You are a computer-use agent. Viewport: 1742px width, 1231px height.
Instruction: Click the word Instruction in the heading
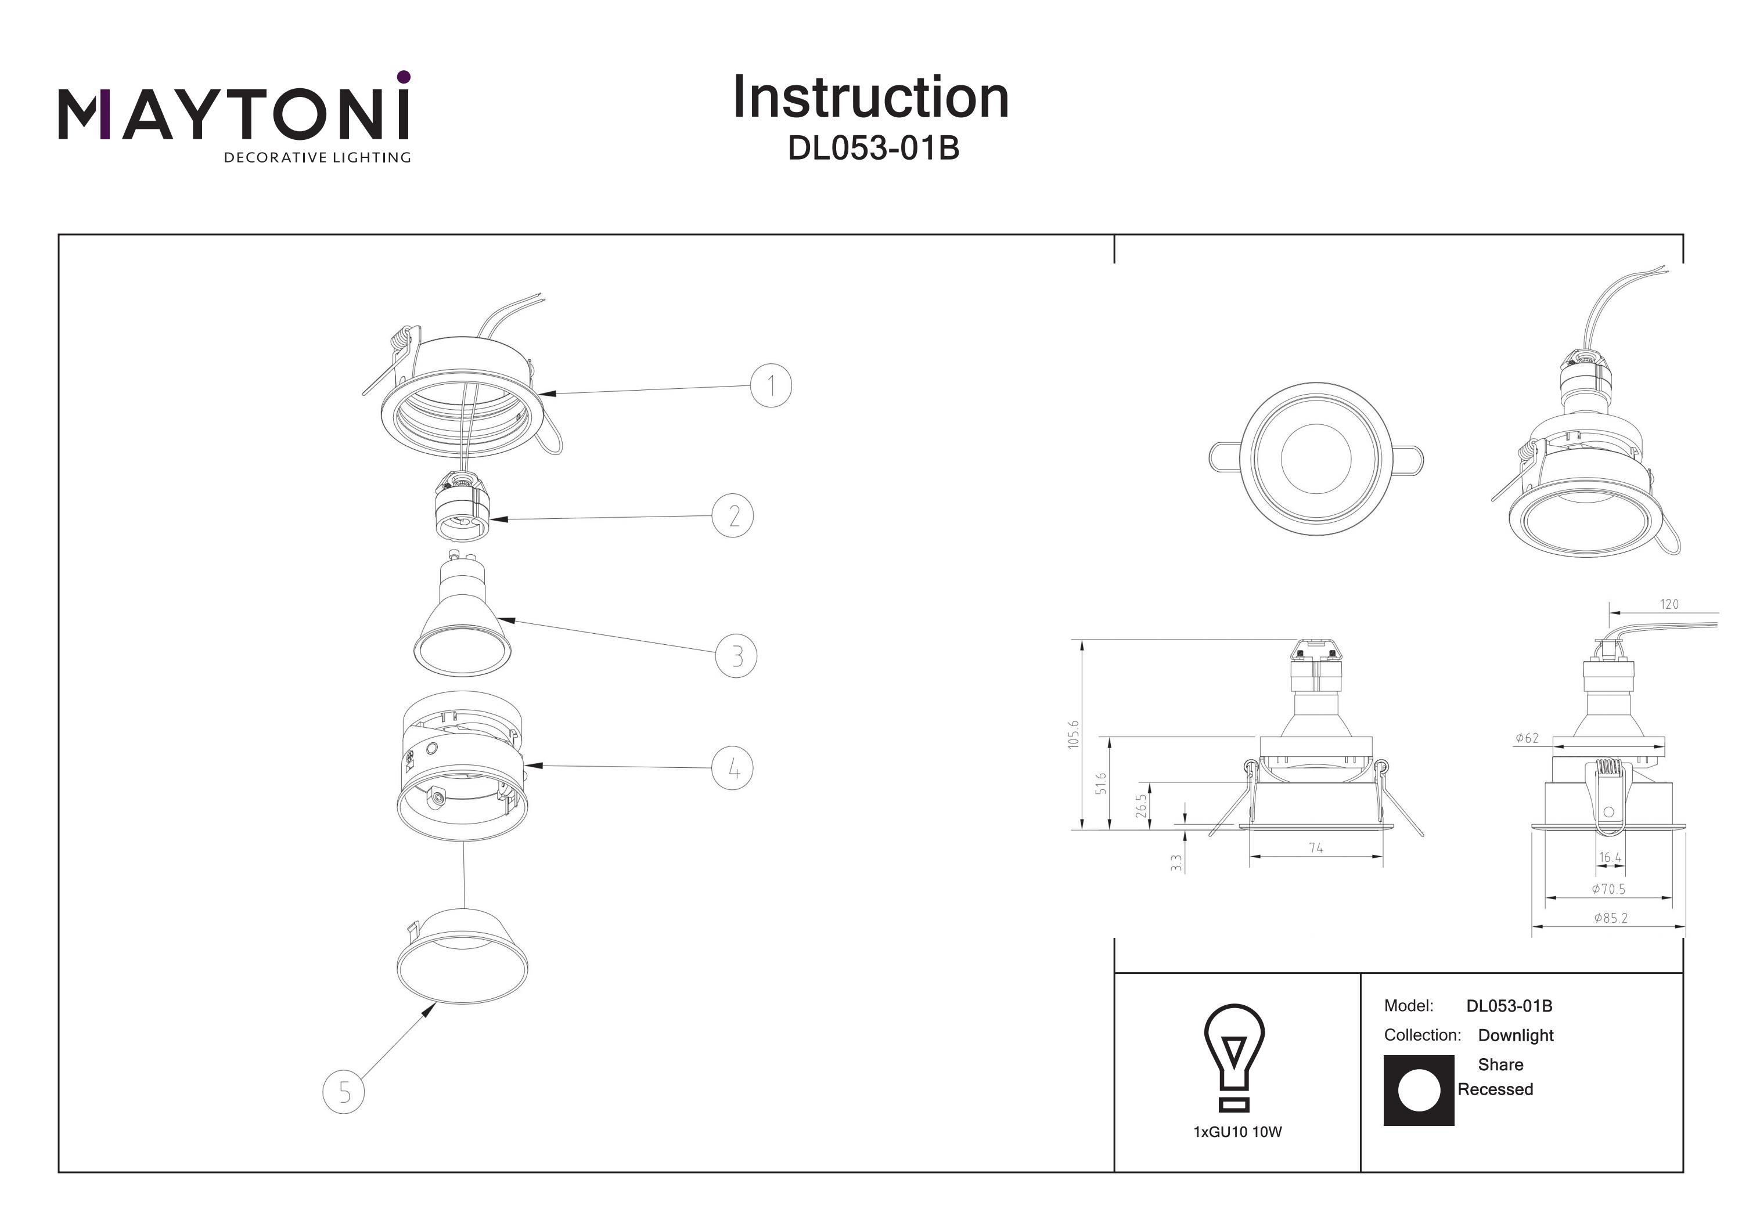[870, 98]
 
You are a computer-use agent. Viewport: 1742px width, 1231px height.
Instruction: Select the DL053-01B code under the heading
[873, 149]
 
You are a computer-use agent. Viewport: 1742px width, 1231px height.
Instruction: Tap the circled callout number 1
[771, 386]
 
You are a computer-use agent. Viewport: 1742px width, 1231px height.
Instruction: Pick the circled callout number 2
[732, 516]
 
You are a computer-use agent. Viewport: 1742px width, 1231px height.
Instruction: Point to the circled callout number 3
[736, 655]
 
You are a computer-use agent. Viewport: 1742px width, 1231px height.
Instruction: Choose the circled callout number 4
[732, 768]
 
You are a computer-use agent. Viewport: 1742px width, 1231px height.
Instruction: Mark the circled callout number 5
[344, 1092]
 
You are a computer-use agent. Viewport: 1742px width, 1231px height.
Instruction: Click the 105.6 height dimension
[1074, 734]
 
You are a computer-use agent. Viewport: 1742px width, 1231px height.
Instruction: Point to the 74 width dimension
[1316, 848]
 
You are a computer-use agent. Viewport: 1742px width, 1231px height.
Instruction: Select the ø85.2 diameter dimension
[1610, 918]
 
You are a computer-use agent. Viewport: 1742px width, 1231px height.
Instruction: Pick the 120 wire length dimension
[1669, 605]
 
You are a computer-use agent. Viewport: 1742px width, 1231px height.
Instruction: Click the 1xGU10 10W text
[1237, 1132]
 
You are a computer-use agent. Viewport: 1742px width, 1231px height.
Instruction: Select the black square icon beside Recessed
[1419, 1090]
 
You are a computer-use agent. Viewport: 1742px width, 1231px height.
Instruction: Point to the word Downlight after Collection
[1515, 1035]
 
